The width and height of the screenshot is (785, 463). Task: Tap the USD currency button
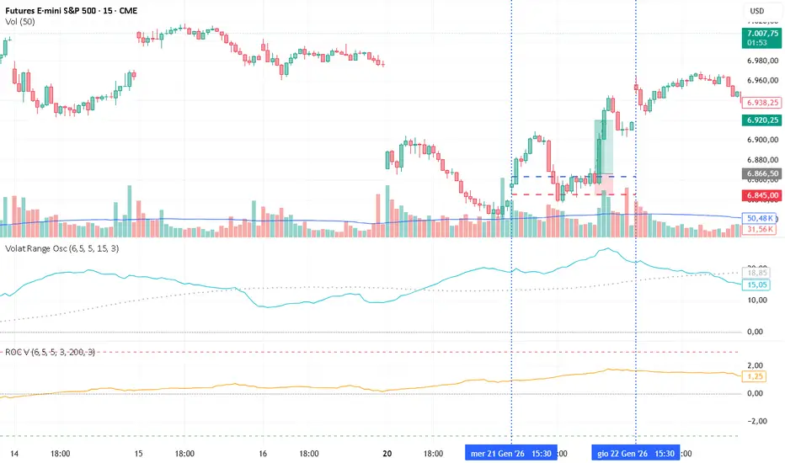[756, 11]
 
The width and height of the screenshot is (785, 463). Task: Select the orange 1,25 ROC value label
[755, 377]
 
